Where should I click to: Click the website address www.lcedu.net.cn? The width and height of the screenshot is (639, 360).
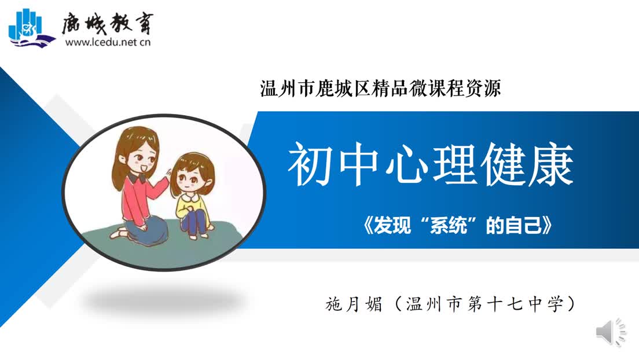point(108,42)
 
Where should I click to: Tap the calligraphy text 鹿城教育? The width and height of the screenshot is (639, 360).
point(108,23)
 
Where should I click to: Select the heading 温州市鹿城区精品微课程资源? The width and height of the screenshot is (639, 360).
point(380,89)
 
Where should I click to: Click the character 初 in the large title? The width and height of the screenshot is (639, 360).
point(310,164)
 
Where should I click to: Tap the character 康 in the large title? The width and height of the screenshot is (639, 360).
point(550,164)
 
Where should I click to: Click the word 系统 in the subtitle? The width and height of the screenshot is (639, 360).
point(447,225)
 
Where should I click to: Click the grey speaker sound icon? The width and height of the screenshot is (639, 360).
point(611,332)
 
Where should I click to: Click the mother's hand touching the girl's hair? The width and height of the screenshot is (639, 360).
point(167,172)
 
